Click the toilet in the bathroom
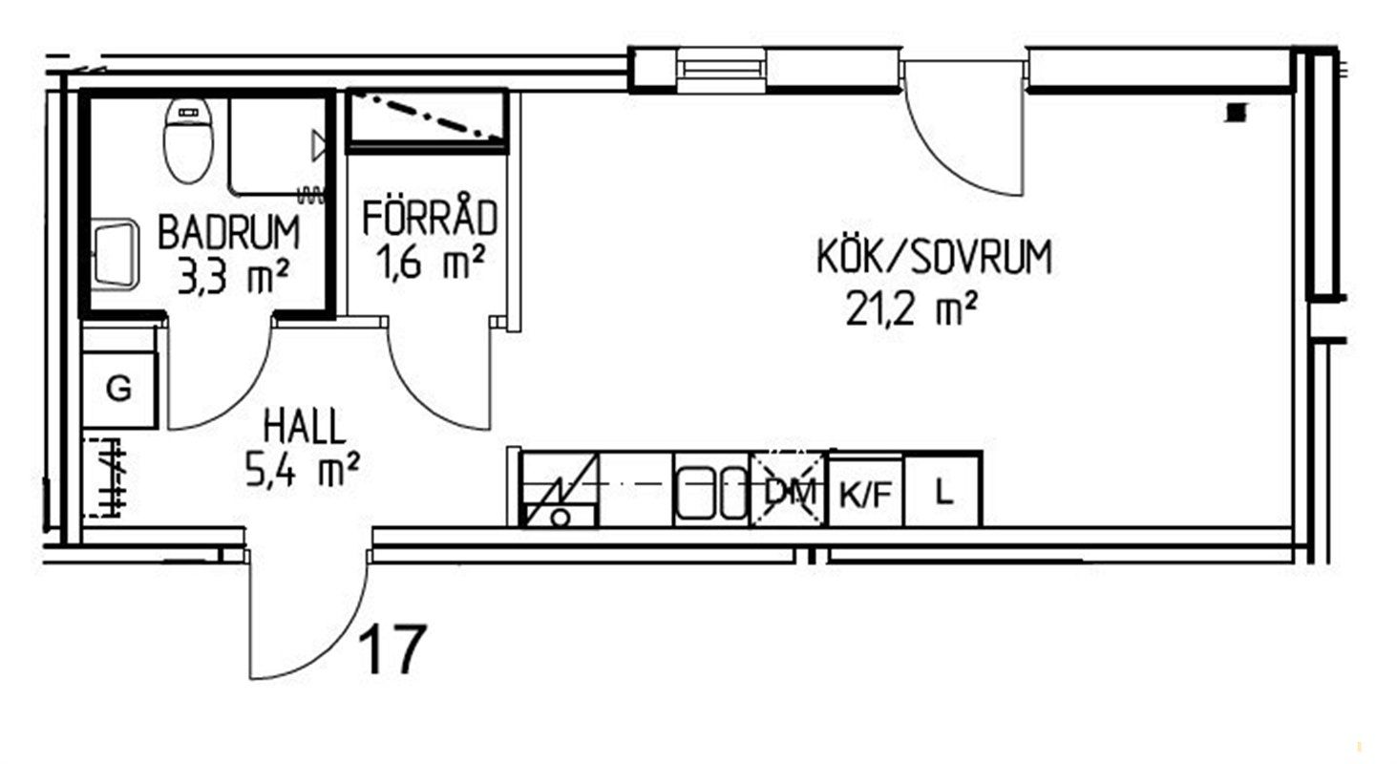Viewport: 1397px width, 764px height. [x=188, y=141]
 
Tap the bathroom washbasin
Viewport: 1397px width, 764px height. [x=116, y=253]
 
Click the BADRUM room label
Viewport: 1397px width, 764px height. [x=229, y=232]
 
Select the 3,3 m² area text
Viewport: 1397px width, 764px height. [x=233, y=277]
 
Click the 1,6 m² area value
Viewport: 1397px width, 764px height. [x=431, y=263]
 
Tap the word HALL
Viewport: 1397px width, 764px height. [x=304, y=426]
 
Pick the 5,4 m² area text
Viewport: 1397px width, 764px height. [x=303, y=470]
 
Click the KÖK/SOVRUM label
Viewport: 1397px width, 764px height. [x=934, y=256]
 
